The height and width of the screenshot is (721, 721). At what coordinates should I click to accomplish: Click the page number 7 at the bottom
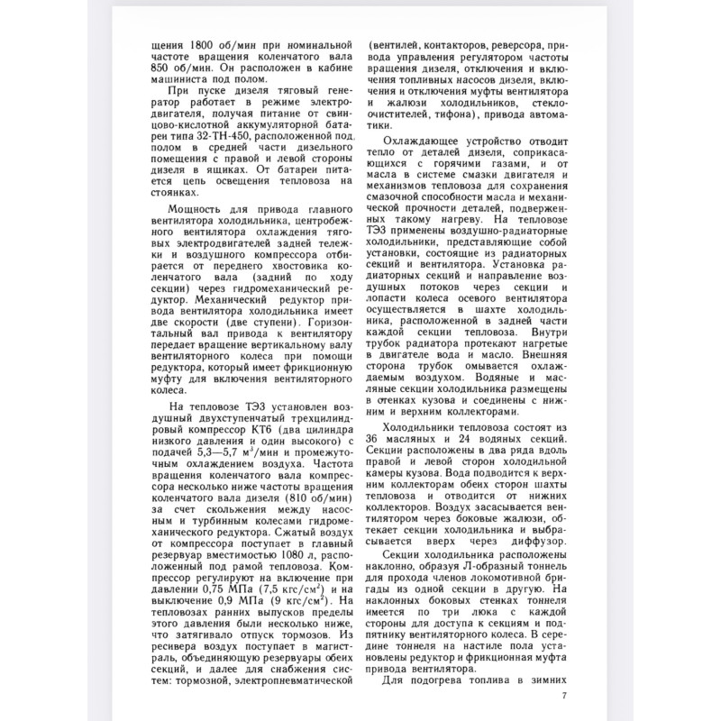tap(564, 695)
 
